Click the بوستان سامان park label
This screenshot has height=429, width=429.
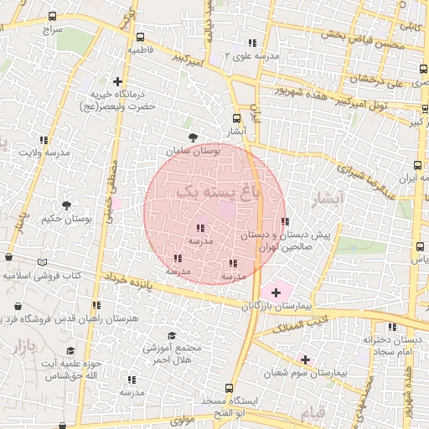click(193, 152)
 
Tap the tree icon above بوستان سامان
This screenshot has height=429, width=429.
click(194, 137)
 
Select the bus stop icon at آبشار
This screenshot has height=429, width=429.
click(236, 118)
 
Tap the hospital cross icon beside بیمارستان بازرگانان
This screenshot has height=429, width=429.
click(276, 292)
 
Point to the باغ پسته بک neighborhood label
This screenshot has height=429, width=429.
click(215, 191)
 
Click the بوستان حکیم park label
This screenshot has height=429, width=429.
click(64, 220)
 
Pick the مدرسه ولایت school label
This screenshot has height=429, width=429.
click(43, 154)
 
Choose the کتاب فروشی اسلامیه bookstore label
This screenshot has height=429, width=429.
click(42, 274)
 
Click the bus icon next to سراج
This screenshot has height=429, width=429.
click(54, 16)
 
